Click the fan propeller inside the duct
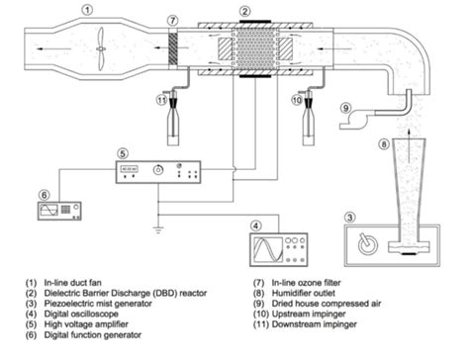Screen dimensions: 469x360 tap(101, 48)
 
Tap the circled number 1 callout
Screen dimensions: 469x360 tap(87, 10)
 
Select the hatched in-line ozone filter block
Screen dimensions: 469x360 tap(173, 48)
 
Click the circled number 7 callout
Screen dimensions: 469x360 tap(172, 21)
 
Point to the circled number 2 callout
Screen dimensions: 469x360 tap(244, 12)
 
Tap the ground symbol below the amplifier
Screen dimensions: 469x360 tap(158, 230)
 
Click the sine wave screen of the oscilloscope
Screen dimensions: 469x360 tap(268, 249)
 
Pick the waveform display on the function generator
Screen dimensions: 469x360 tap(48, 211)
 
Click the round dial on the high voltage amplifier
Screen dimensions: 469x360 tap(158, 170)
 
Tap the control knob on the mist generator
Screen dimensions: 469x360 tap(367, 244)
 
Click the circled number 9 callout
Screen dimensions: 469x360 tap(345, 108)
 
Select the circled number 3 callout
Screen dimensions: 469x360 tap(350, 218)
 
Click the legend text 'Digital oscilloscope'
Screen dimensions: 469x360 tap(81, 314)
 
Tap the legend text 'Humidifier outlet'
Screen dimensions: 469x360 tap(304, 293)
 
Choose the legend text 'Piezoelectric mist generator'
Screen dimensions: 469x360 tap(98, 304)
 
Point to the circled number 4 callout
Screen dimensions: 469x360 tap(256, 226)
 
